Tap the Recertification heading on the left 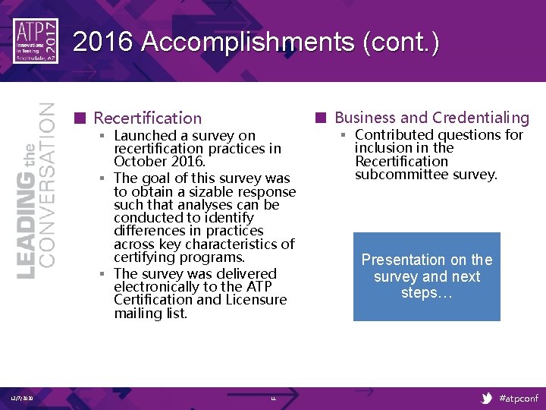147,118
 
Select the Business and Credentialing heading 431,117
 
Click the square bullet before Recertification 79,118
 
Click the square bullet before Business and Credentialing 321,118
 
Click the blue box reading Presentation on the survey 426,276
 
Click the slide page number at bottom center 273,399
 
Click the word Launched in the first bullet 145,136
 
